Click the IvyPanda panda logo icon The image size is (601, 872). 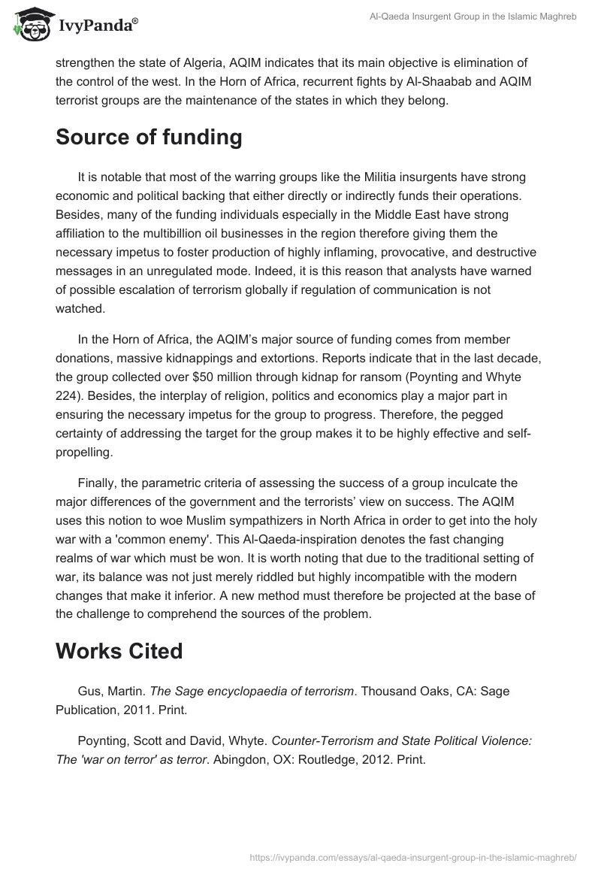(30, 23)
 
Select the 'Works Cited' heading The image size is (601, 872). (119, 651)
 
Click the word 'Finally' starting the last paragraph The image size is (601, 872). (98, 483)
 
